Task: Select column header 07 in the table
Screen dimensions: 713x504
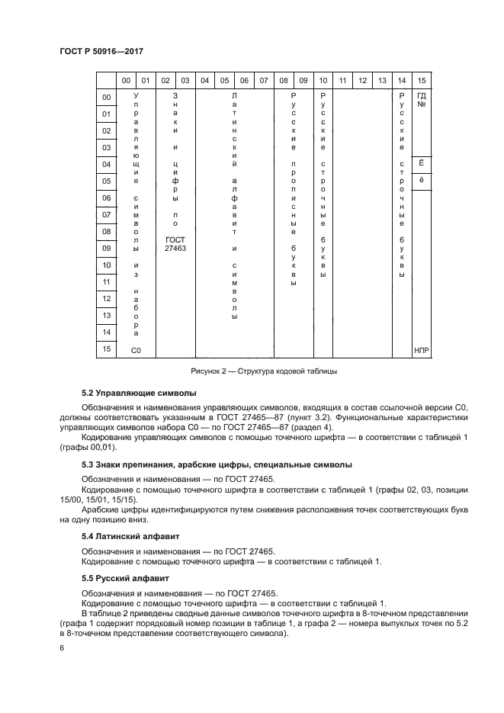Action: click(263, 80)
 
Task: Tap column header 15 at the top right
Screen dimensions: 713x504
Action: click(422, 80)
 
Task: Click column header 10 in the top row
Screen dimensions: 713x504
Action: click(323, 80)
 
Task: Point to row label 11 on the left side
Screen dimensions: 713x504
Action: click(107, 282)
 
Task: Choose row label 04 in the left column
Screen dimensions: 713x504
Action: click(107, 165)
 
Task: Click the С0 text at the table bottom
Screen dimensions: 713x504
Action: click(136, 351)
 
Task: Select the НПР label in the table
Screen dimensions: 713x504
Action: click(422, 351)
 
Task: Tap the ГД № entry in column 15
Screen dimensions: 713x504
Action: click(422, 101)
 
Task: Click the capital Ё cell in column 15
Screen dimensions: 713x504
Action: click(422, 164)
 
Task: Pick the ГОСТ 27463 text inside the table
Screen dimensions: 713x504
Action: click(175, 244)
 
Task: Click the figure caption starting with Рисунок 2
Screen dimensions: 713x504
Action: click(263, 372)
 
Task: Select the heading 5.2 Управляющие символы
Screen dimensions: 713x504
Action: click(139, 393)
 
